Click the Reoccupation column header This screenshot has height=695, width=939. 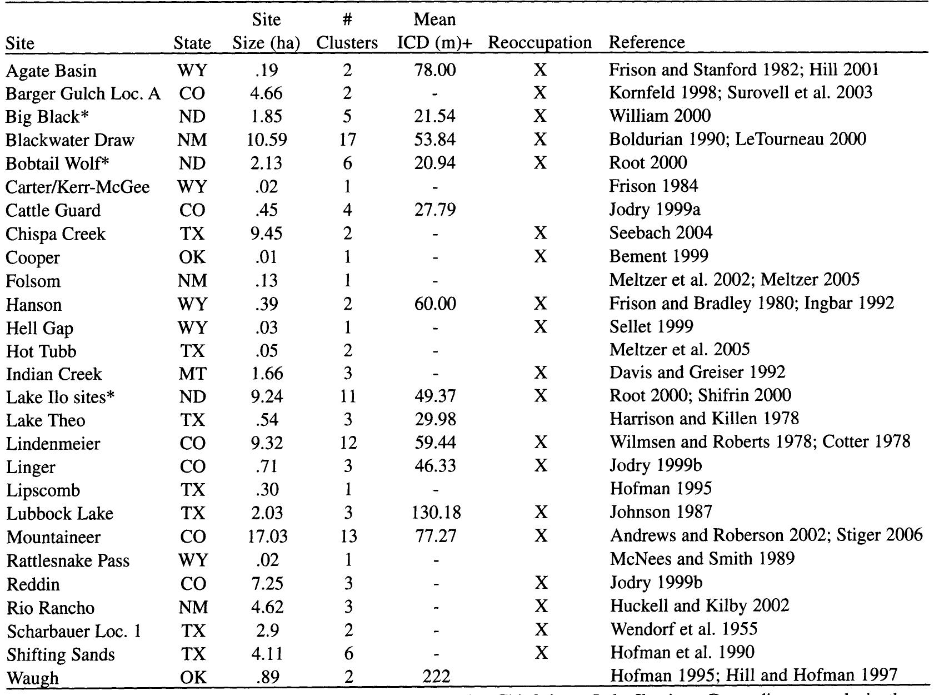(540, 43)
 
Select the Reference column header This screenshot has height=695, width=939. (647, 42)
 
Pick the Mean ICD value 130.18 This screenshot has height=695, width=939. (436, 512)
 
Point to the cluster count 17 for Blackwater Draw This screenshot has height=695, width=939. (347, 139)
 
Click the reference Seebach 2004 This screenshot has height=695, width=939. (661, 232)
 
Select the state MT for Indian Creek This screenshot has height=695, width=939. (192, 373)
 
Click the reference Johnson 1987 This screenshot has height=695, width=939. (661, 512)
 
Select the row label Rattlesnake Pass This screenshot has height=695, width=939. (68, 560)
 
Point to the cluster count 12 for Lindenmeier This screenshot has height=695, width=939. (347, 443)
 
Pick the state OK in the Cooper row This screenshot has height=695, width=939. (192, 257)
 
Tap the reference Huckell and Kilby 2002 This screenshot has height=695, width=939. (700, 605)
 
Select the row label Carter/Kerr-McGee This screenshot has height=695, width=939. (78, 187)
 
